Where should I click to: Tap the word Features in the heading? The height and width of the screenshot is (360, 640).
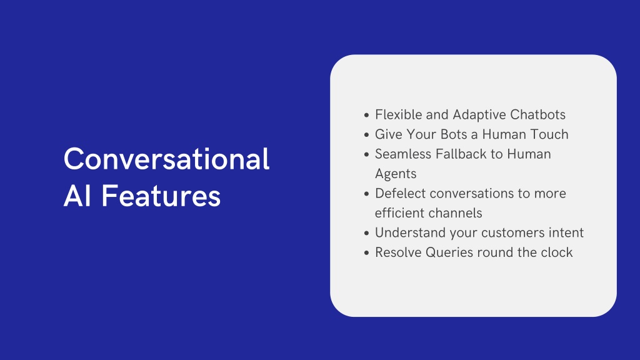[x=161, y=196]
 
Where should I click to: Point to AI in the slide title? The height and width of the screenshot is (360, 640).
[x=77, y=196]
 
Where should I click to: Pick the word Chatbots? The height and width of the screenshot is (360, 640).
[x=537, y=115]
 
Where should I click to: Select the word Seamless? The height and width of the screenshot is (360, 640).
[x=403, y=154]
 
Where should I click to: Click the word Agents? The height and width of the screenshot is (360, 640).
[x=396, y=174]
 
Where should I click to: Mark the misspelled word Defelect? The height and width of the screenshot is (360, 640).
[x=401, y=193]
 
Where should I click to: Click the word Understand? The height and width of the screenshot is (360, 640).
[x=410, y=232]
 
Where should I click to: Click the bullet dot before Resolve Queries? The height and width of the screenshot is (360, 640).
[x=366, y=253]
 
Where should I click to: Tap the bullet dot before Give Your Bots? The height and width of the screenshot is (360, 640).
[x=366, y=135]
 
